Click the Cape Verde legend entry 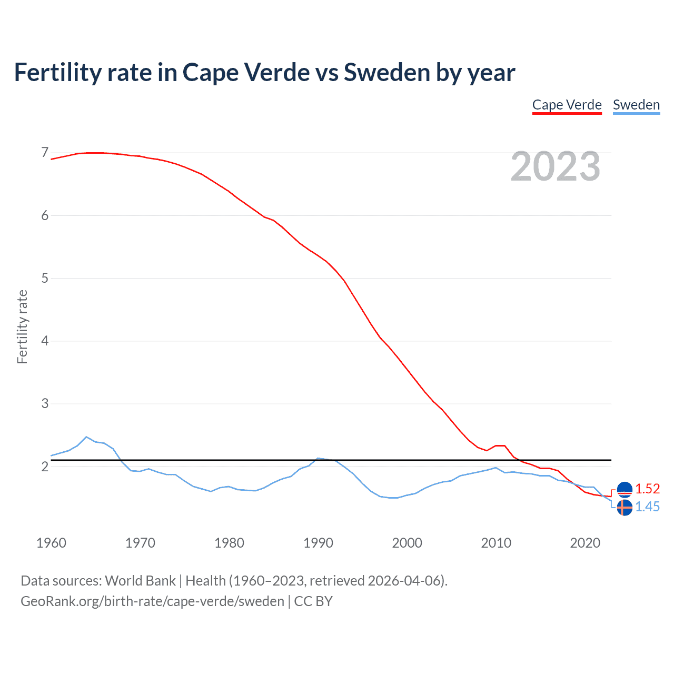[567, 105]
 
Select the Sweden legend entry [636, 105]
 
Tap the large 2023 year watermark [556, 166]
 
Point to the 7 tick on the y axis [45, 153]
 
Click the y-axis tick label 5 [45, 278]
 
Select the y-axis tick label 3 [45, 403]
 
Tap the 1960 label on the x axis [51, 543]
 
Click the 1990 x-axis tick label [318, 543]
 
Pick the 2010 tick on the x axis [496, 543]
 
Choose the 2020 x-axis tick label [585, 543]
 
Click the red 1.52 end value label [647, 489]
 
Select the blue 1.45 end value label [647, 507]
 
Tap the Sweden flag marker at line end [625, 508]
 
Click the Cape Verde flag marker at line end [625, 490]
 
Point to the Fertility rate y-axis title [22, 326]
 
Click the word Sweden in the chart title [387, 72]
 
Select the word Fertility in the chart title [57, 72]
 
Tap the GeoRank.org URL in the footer [152, 601]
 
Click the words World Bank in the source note [140, 580]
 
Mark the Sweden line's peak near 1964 [86, 437]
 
